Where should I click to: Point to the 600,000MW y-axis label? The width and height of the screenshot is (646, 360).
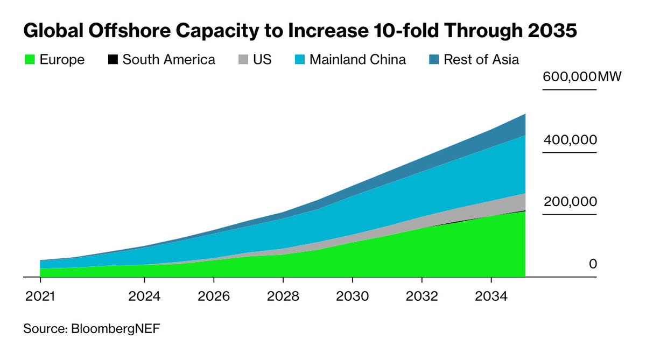tap(582, 77)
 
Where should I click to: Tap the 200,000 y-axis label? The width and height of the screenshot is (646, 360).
tap(570, 202)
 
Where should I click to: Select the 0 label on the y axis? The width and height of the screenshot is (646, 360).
tap(593, 264)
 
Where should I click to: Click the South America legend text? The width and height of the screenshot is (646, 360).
tap(168, 59)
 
